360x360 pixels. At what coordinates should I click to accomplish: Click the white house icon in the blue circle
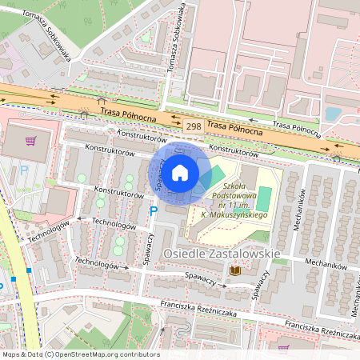(180, 172)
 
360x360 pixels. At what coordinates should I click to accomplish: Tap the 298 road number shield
(193, 126)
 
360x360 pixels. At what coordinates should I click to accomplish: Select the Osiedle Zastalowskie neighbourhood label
(221, 254)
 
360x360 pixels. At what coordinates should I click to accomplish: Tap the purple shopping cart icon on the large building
(30, 142)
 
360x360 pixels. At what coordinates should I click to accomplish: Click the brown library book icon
(235, 271)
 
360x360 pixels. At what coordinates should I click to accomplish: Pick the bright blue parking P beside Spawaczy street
(154, 211)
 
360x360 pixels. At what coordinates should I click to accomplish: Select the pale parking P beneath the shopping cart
(24, 170)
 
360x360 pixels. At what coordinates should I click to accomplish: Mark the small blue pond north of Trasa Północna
(333, 114)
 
